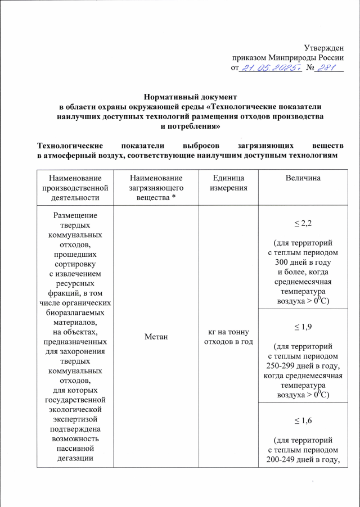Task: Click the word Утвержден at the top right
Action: [323, 47]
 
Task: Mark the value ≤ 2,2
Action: [303, 224]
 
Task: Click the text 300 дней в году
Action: [303, 262]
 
